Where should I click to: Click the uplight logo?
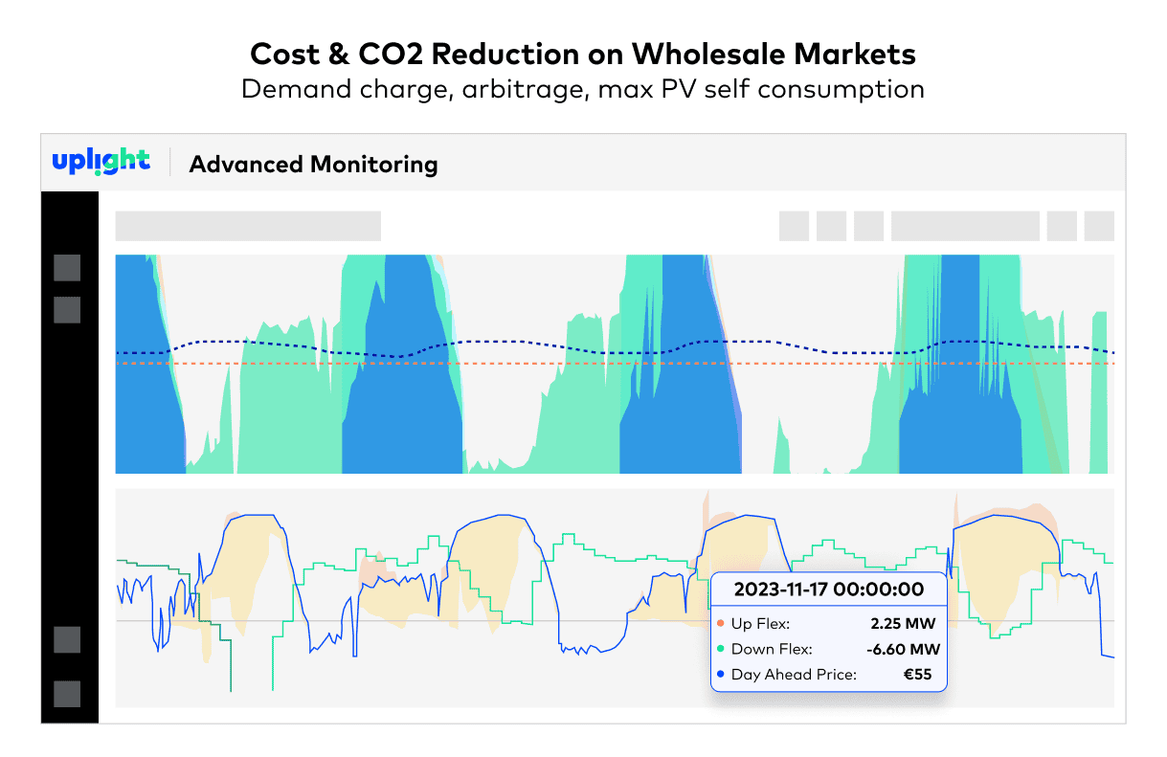[x=101, y=162]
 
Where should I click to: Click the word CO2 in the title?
[x=391, y=55]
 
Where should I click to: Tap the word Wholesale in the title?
[x=708, y=55]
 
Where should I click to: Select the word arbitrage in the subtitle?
[x=526, y=90]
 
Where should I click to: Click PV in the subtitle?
[x=679, y=89]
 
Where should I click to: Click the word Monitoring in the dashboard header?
[x=374, y=165]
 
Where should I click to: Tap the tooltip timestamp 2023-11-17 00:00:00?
[x=829, y=590]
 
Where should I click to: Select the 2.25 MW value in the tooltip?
[x=903, y=624]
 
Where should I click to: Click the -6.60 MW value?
[x=904, y=649]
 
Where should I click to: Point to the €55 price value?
[x=917, y=675]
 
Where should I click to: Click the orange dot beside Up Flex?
[x=721, y=623]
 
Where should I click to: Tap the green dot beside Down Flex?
[x=721, y=649]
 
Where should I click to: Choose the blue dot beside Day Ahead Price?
[x=721, y=675]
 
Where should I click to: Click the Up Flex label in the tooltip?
[x=761, y=624]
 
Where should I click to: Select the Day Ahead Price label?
[x=794, y=675]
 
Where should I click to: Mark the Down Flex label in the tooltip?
[x=772, y=649]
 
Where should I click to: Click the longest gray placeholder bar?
[x=248, y=226]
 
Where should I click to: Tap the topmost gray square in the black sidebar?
[x=67, y=268]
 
